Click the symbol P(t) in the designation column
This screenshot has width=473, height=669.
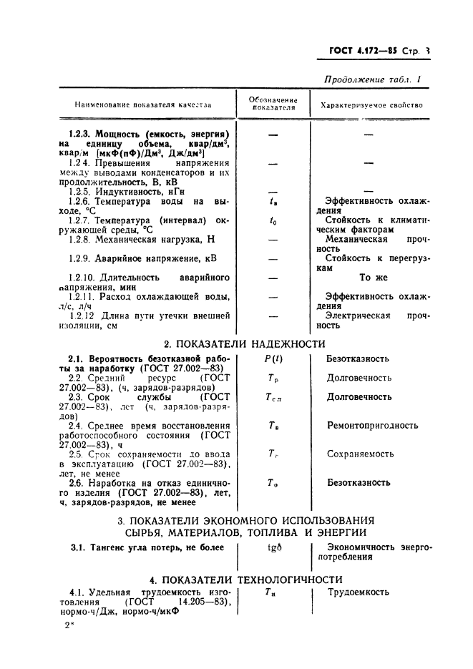point(272,358)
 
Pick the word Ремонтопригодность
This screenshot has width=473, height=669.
point(373,425)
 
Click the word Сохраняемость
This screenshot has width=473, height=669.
point(361,454)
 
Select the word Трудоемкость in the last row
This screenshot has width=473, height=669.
point(359,592)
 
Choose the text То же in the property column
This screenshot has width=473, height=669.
point(374,277)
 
